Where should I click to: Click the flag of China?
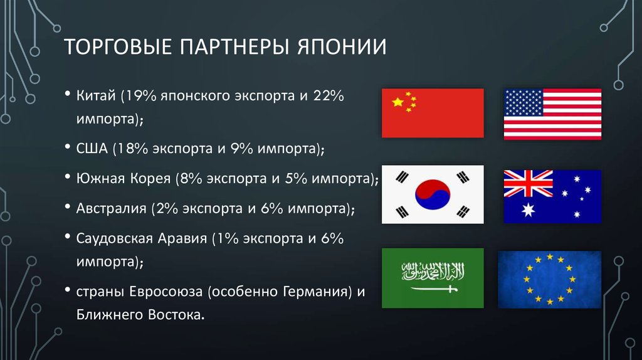(433, 113)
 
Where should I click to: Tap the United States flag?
(552, 114)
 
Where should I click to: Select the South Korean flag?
(433, 194)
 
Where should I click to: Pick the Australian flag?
(552, 196)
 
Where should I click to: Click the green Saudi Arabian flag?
(433, 278)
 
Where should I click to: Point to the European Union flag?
(549, 280)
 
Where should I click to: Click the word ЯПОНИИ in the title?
(342, 46)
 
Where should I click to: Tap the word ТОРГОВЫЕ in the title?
(118, 46)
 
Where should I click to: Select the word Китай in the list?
(96, 96)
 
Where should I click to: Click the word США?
(92, 148)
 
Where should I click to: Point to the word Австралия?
(112, 208)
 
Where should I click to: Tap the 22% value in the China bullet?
(329, 96)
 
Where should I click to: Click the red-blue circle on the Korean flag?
(433, 194)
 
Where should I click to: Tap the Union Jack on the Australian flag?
(528, 184)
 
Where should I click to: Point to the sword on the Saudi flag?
(434, 289)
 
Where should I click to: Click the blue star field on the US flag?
(524, 102)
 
